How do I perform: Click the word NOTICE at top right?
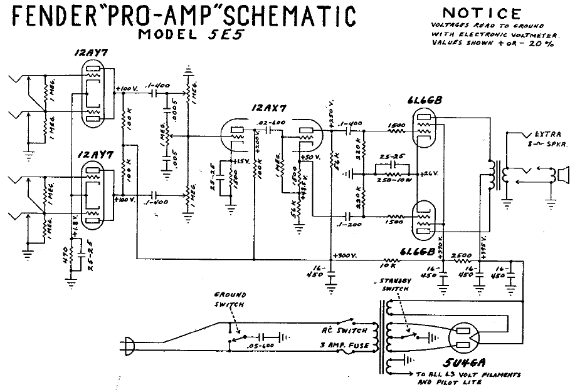[x=481, y=14]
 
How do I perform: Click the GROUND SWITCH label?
[x=230, y=299]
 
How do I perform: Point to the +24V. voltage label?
[x=429, y=172]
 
